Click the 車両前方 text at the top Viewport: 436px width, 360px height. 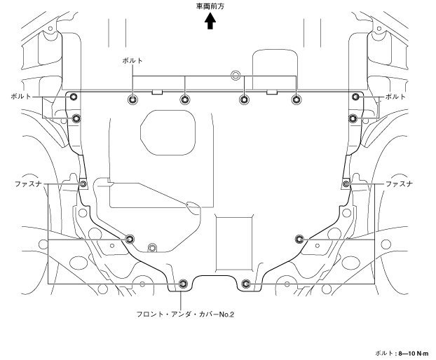210,6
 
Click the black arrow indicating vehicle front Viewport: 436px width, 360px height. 210,22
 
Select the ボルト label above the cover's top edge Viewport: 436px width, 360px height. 131,61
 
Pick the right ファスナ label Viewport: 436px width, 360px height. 400,184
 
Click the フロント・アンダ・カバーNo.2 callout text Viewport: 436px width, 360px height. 184,314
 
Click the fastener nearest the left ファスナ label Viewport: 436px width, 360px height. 83,184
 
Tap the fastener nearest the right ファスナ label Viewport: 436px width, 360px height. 346,184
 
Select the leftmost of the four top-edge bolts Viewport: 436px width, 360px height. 132,99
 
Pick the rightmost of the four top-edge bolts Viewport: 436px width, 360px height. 296,99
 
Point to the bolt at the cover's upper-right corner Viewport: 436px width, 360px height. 356,97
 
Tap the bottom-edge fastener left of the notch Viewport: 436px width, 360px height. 183,284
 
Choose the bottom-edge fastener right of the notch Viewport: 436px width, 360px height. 245,284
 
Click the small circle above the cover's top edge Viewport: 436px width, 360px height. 236,74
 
